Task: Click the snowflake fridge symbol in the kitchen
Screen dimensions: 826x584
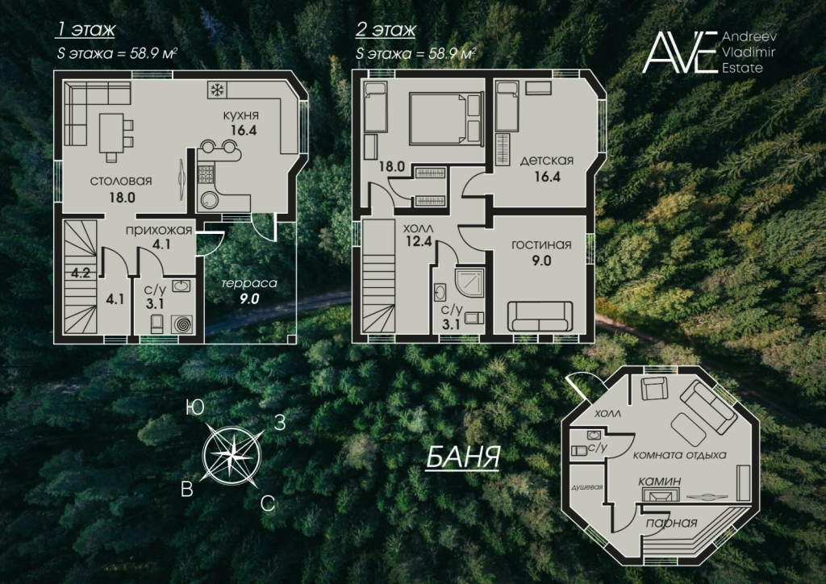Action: click(215, 90)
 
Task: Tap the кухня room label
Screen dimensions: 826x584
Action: click(240, 115)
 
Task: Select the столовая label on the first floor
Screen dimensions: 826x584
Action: click(121, 181)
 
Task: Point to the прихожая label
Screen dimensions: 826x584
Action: click(159, 230)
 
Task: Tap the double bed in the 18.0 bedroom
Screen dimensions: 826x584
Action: click(445, 118)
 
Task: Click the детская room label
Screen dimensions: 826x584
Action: click(546, 161)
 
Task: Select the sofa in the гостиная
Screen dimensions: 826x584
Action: click(540, 316)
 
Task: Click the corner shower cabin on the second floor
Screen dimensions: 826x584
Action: click(469, 283)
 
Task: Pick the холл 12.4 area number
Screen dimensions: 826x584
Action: click(419, 242)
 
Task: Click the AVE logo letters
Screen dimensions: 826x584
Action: click(680, 52)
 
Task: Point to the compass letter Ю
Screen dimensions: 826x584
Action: click(195, 408)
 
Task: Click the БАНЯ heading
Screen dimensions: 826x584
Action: click(462, 457)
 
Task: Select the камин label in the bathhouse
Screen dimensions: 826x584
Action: click(660, 482)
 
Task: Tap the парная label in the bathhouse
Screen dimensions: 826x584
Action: click(672, 523)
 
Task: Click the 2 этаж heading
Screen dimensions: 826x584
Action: click(386, 30)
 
